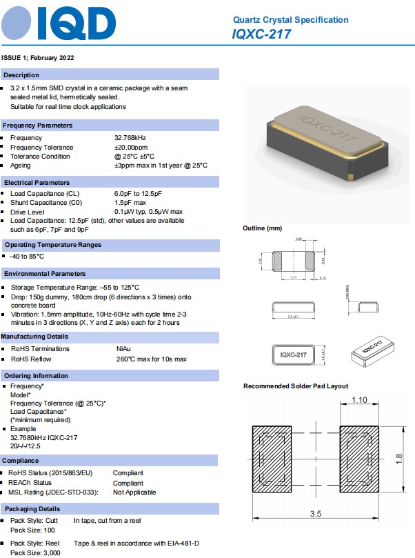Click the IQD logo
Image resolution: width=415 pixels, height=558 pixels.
(59, 23)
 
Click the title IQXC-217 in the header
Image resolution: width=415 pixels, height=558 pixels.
(261, 34)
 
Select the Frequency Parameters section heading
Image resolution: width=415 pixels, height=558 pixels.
(37, 126)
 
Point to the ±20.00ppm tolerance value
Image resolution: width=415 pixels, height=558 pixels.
(131, 148)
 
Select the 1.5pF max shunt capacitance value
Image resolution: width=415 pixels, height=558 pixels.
(130, 203)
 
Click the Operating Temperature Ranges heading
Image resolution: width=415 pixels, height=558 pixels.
(52, 245)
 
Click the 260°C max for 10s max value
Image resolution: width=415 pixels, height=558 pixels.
(152, 359)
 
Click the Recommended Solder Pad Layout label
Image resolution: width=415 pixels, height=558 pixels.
(296, 386)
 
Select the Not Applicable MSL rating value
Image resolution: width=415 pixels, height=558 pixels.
(134, 492)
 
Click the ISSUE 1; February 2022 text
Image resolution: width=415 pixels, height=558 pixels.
(38, 57)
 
